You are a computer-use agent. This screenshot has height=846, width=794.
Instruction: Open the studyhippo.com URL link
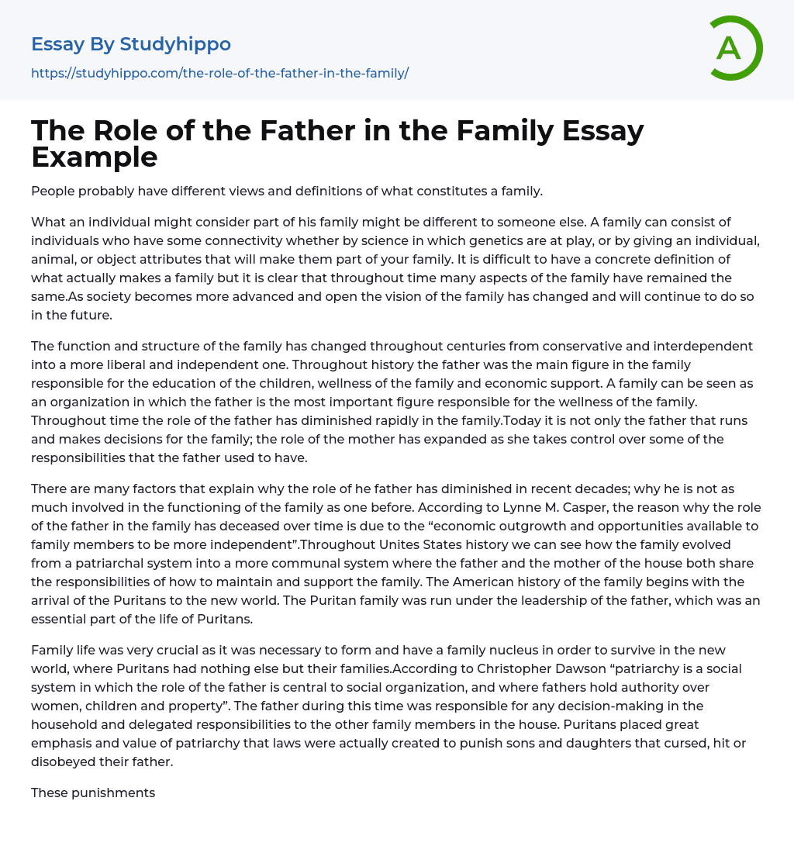219,73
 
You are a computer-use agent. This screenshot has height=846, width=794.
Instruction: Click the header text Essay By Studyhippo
131,44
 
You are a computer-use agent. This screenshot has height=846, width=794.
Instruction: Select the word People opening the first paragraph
52,191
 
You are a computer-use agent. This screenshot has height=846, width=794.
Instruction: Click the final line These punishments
93,792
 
